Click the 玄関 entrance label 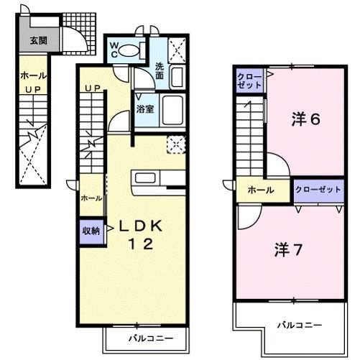click(x=37, y=40)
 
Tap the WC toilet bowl click(x=128, y=50)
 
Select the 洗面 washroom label click(x=160, y=70)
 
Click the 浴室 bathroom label click(x=144, y=110)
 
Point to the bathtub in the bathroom click(x=171, y=111)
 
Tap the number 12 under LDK click(x=141, y=245)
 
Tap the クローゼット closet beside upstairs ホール click(x=317, y=190)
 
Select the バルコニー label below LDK click(x=146, y=336)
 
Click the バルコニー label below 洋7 click(x=295, y=325)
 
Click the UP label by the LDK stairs click(x=91, y=88)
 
